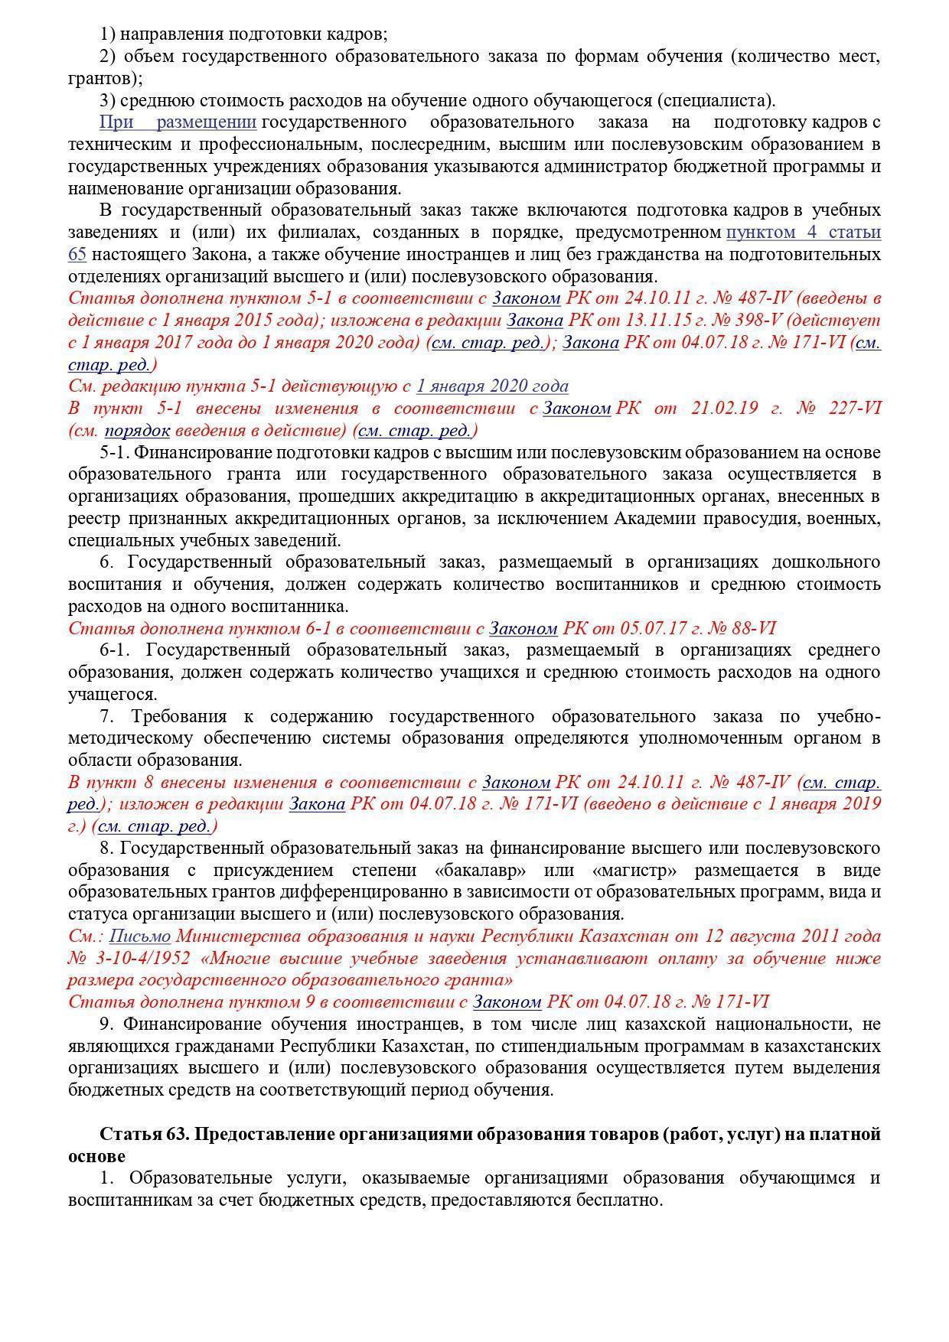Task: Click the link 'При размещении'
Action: (178, 122)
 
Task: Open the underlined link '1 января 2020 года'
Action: (492, 386)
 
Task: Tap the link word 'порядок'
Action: (137, 430)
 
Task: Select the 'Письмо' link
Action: (140, 936)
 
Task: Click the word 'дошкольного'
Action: (827, 562)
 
